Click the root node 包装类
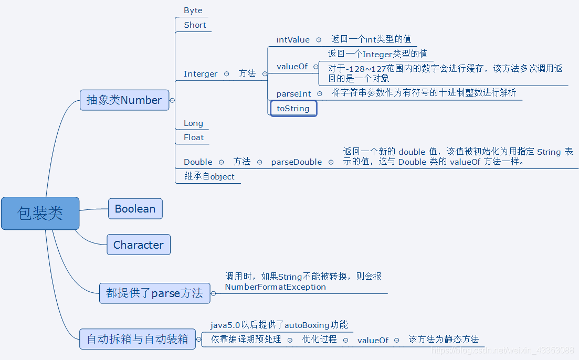click(40, 213)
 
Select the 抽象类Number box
click(124, 100)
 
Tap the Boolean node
click(135, 209)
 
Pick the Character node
click(138, 245)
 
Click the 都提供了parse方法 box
click(154, 293)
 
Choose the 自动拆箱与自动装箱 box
click(137, 339)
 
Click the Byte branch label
click(193, 10)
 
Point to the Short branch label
click(195, 25)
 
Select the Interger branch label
click(200, 74)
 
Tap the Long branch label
click(193, 123)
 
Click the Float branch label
click(193, 137)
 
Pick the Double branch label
click(198, 162)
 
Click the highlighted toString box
click(293, 109)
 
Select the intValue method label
click(293, 40)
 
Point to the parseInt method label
click(293, 94)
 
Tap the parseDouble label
click(296, 162)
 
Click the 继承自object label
click(209, 177)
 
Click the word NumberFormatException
click(275, 287)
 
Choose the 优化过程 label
click(319, 340)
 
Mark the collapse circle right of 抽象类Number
click(173, 100)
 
